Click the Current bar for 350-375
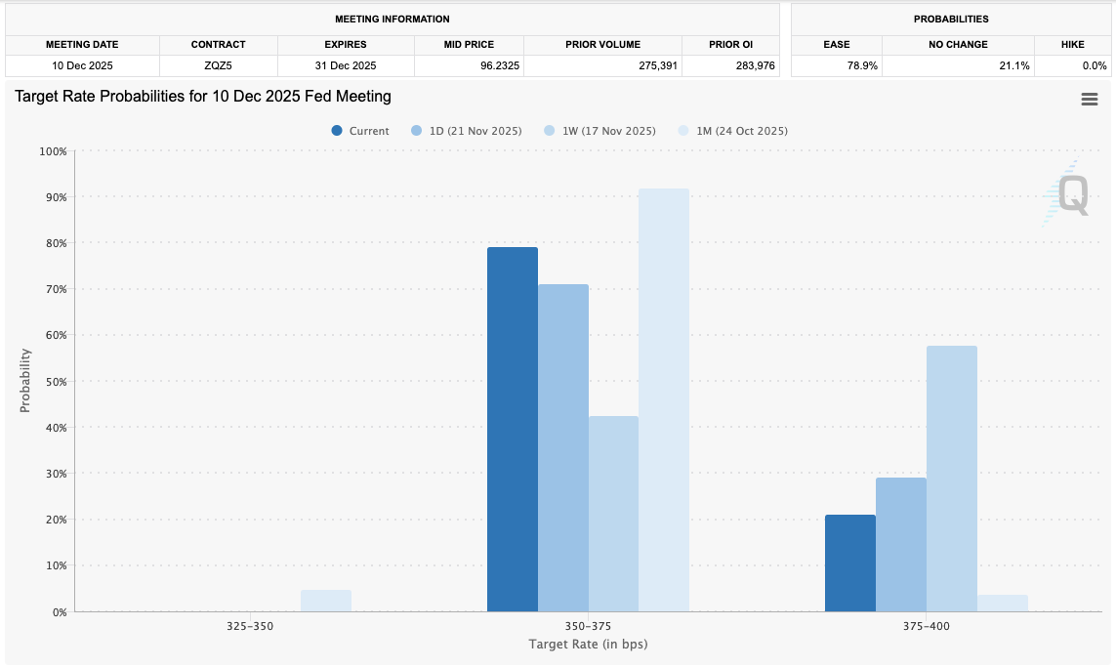pos(513,430)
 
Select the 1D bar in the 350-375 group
pos(563,448)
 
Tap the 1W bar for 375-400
pos(952,479)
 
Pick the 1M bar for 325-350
pos(326,601)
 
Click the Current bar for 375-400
pos(850,564)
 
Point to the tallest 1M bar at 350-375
pos(664,400)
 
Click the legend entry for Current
pos(361,131)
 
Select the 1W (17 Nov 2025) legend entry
pos(600,131)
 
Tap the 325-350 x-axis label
pos(251,626)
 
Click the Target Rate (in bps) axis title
pos(588,645)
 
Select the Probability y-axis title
pos(25,381)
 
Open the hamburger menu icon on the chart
pos(1090,100)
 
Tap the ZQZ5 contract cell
pos(219,65)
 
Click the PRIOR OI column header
pos(730,44)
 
